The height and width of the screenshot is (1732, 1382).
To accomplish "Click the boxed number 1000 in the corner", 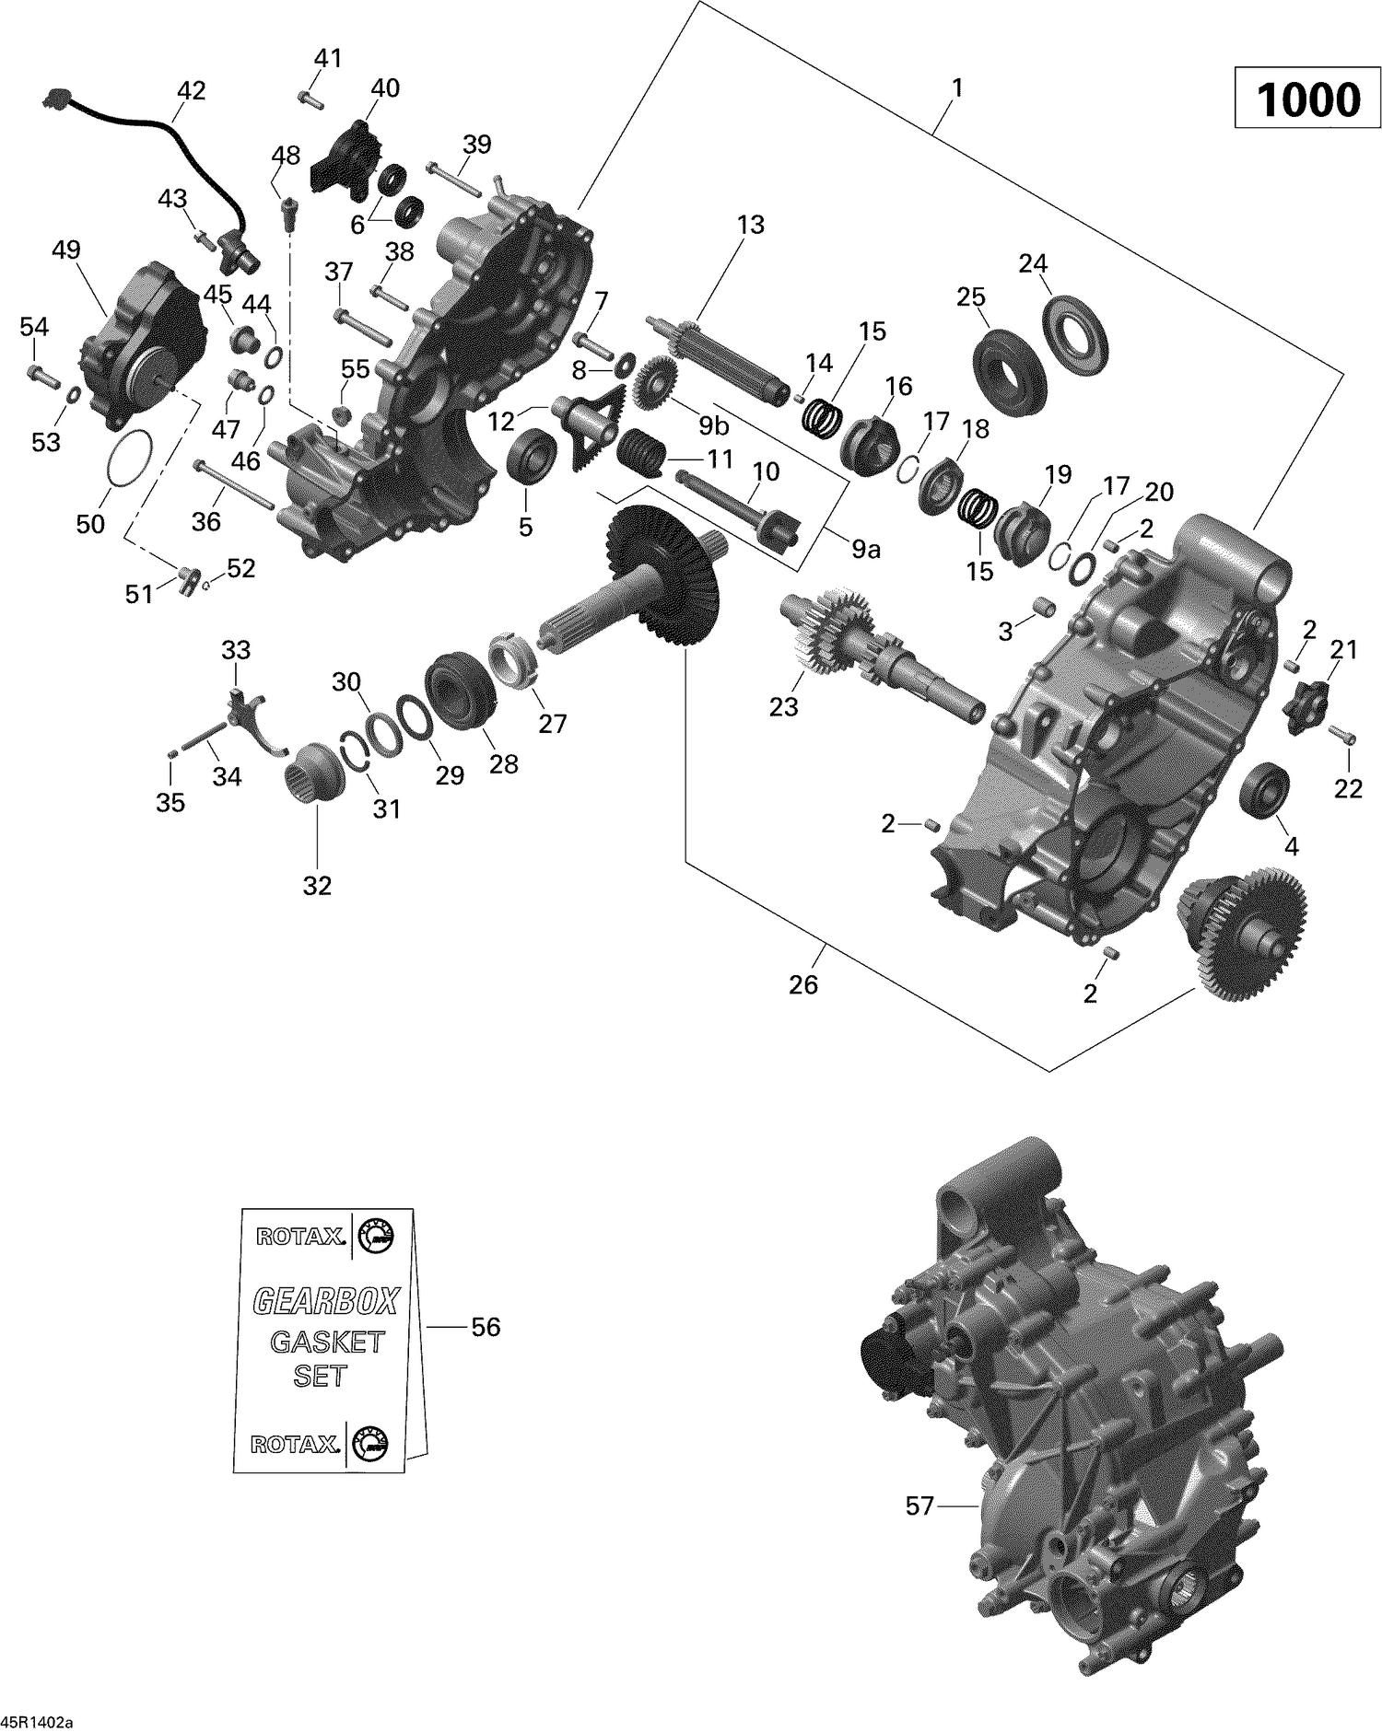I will click(x=1308, y=99).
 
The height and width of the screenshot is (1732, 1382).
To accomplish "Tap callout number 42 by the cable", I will click(x=191, y=90).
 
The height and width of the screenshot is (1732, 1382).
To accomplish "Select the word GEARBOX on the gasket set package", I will click(x=325, y=1301).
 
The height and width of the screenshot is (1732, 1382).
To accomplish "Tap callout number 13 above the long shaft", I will click(x=750, y=225).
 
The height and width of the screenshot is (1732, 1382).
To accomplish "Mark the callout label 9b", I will click(x=713, y=425).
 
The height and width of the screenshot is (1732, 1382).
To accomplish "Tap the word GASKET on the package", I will click(x=326, y=1342).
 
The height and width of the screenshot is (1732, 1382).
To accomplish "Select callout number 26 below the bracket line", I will click(x=803, y=984).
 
